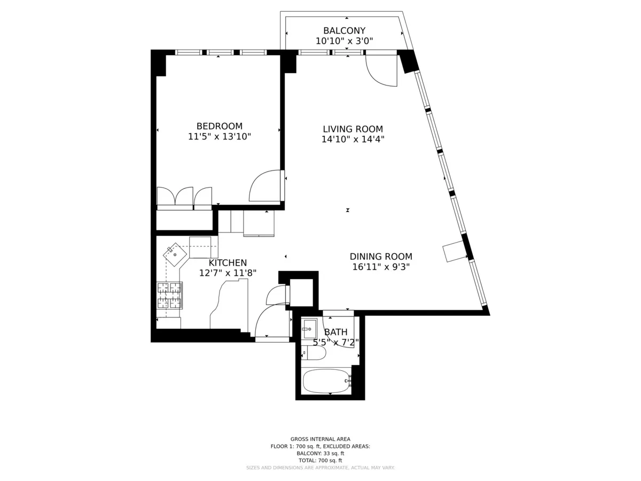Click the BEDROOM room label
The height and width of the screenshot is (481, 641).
(219, 126)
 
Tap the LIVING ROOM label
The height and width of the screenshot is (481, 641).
(353, 129)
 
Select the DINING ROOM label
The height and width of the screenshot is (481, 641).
(381, 257)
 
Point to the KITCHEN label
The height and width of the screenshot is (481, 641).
(228, 263)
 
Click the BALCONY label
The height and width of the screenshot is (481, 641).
(344, 30)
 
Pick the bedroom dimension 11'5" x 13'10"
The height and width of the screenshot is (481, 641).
(219, 137)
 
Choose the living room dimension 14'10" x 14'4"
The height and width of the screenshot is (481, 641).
(353, 139)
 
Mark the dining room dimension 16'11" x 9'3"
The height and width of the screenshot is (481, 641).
(381, 267)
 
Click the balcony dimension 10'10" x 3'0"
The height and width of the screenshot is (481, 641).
(344, 41)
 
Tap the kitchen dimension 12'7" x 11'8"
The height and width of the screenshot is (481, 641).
(228, 273)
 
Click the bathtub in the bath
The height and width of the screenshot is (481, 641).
(326, 381)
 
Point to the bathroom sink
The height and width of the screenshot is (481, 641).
(310, 329)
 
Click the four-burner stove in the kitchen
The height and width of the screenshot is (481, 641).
(169, 296)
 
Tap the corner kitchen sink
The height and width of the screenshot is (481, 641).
(175, 255)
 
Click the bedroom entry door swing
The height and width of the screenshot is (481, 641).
(265, 186)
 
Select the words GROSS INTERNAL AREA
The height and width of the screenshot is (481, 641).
(320, 439)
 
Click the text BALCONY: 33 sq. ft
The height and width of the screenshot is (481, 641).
(320, 453)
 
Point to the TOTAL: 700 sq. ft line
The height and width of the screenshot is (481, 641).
(320, 460)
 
